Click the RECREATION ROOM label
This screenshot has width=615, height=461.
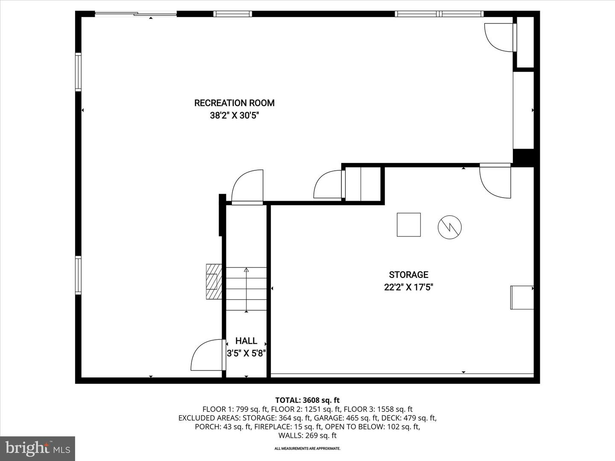[x=234, y=103]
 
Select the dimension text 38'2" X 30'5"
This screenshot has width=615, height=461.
[x=234, y=115]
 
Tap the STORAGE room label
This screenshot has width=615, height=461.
[x=408, y=275]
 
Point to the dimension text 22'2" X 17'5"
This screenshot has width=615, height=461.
[x=408, y=287]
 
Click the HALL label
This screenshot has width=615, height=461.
[x=246, y=341]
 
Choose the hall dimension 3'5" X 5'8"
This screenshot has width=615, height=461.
[x=246, y=353]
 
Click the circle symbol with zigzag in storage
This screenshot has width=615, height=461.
[x=449, y=227]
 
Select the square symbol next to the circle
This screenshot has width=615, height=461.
[x=409, y=225]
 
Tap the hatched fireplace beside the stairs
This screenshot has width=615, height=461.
[x=214, y=282]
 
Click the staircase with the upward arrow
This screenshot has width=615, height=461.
[x=246, y=289]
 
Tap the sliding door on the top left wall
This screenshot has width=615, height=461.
[x=136, y=14]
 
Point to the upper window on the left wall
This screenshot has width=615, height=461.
[x=78, y=72]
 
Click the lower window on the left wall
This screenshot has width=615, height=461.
[x=78, y=275]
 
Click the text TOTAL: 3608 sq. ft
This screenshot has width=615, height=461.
[x=307, y=400]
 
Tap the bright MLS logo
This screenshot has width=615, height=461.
[x=38, y=448]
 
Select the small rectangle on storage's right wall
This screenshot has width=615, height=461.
[x=522, y=297]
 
